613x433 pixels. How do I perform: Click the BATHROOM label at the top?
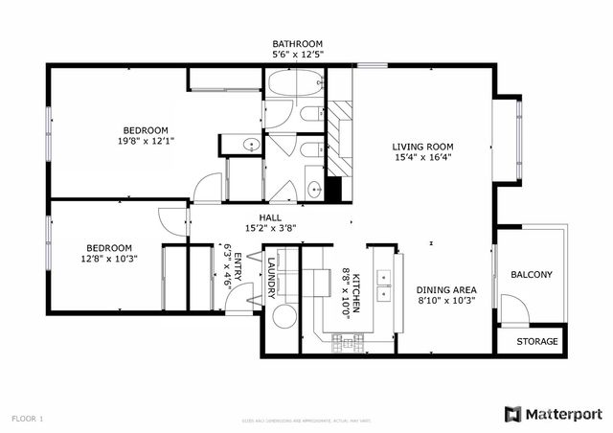(x=297, y=44)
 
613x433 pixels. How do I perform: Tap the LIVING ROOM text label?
(x=421, y=147)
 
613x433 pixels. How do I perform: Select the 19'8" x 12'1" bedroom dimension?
(x=146, y=141)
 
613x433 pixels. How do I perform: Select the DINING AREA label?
(x=446, y=289)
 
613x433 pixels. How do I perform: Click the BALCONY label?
(x=531, y=275)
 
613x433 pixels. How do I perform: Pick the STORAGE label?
(x=536, y=341)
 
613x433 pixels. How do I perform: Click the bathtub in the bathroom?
(x=295, y=85)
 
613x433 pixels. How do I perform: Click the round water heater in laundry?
(x=284, y=319)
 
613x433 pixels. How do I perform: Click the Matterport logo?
(x=554, y=414)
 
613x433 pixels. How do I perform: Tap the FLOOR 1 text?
(x=28, y=419)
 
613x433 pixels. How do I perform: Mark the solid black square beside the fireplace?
(x=333, y=189)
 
